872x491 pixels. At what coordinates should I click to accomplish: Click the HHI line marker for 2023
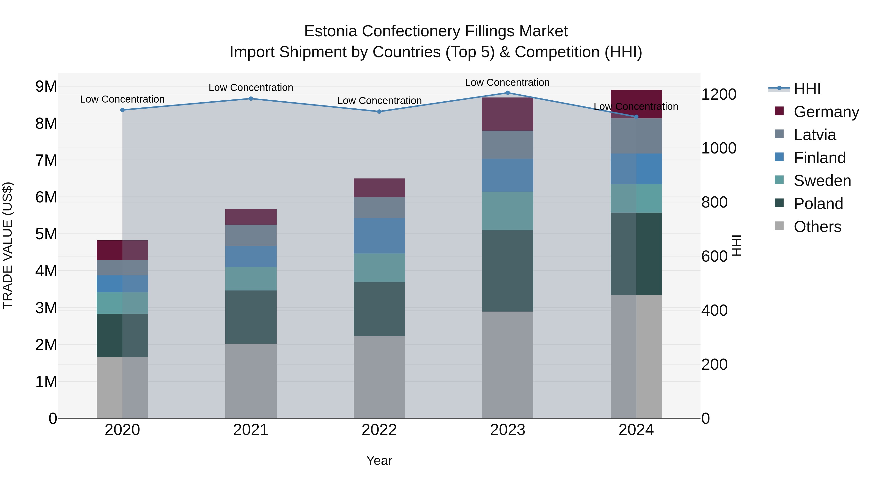pyautogui.click(x=507, y=93)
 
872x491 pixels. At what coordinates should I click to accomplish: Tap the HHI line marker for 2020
pyautogui.click(x=123, y=110)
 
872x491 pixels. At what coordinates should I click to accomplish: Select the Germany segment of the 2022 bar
pyautogui.click(x=379, y=188)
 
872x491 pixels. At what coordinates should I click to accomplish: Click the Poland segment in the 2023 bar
pyautogui.click(x=507, y=271)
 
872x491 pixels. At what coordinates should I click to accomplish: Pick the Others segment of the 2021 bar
pyautogui.click(x=251, y=381)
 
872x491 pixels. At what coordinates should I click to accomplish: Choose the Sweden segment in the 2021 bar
pyautogui.click(x=251, y=279)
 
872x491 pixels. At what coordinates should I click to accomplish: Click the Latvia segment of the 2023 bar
pyautogui.click(x=507, y=145)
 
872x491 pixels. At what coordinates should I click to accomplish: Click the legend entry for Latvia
pyautogui.click(x=814, y=135)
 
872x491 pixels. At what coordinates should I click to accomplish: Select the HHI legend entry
pyautogui.click(x=807, y=89)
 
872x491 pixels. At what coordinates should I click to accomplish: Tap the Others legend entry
pyautogui.click(x=817, y=227)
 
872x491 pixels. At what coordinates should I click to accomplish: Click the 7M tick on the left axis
pyautogui.click(x=46, y=160)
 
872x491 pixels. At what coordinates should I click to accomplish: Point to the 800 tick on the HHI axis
pyautogui.click(x=714, y=202)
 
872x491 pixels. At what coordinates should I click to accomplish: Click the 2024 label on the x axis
pyautogui.click(x=636, y=430)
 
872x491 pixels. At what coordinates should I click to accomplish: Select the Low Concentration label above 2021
pyautogui.click(x=251, y=88)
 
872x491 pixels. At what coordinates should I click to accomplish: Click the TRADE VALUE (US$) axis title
pyautogui.click(x=8, y=245)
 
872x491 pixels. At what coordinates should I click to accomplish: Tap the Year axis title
pyautogui.click(x=379, y=460)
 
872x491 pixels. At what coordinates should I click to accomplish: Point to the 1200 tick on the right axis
pyautogui.click(x=718, y=94)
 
